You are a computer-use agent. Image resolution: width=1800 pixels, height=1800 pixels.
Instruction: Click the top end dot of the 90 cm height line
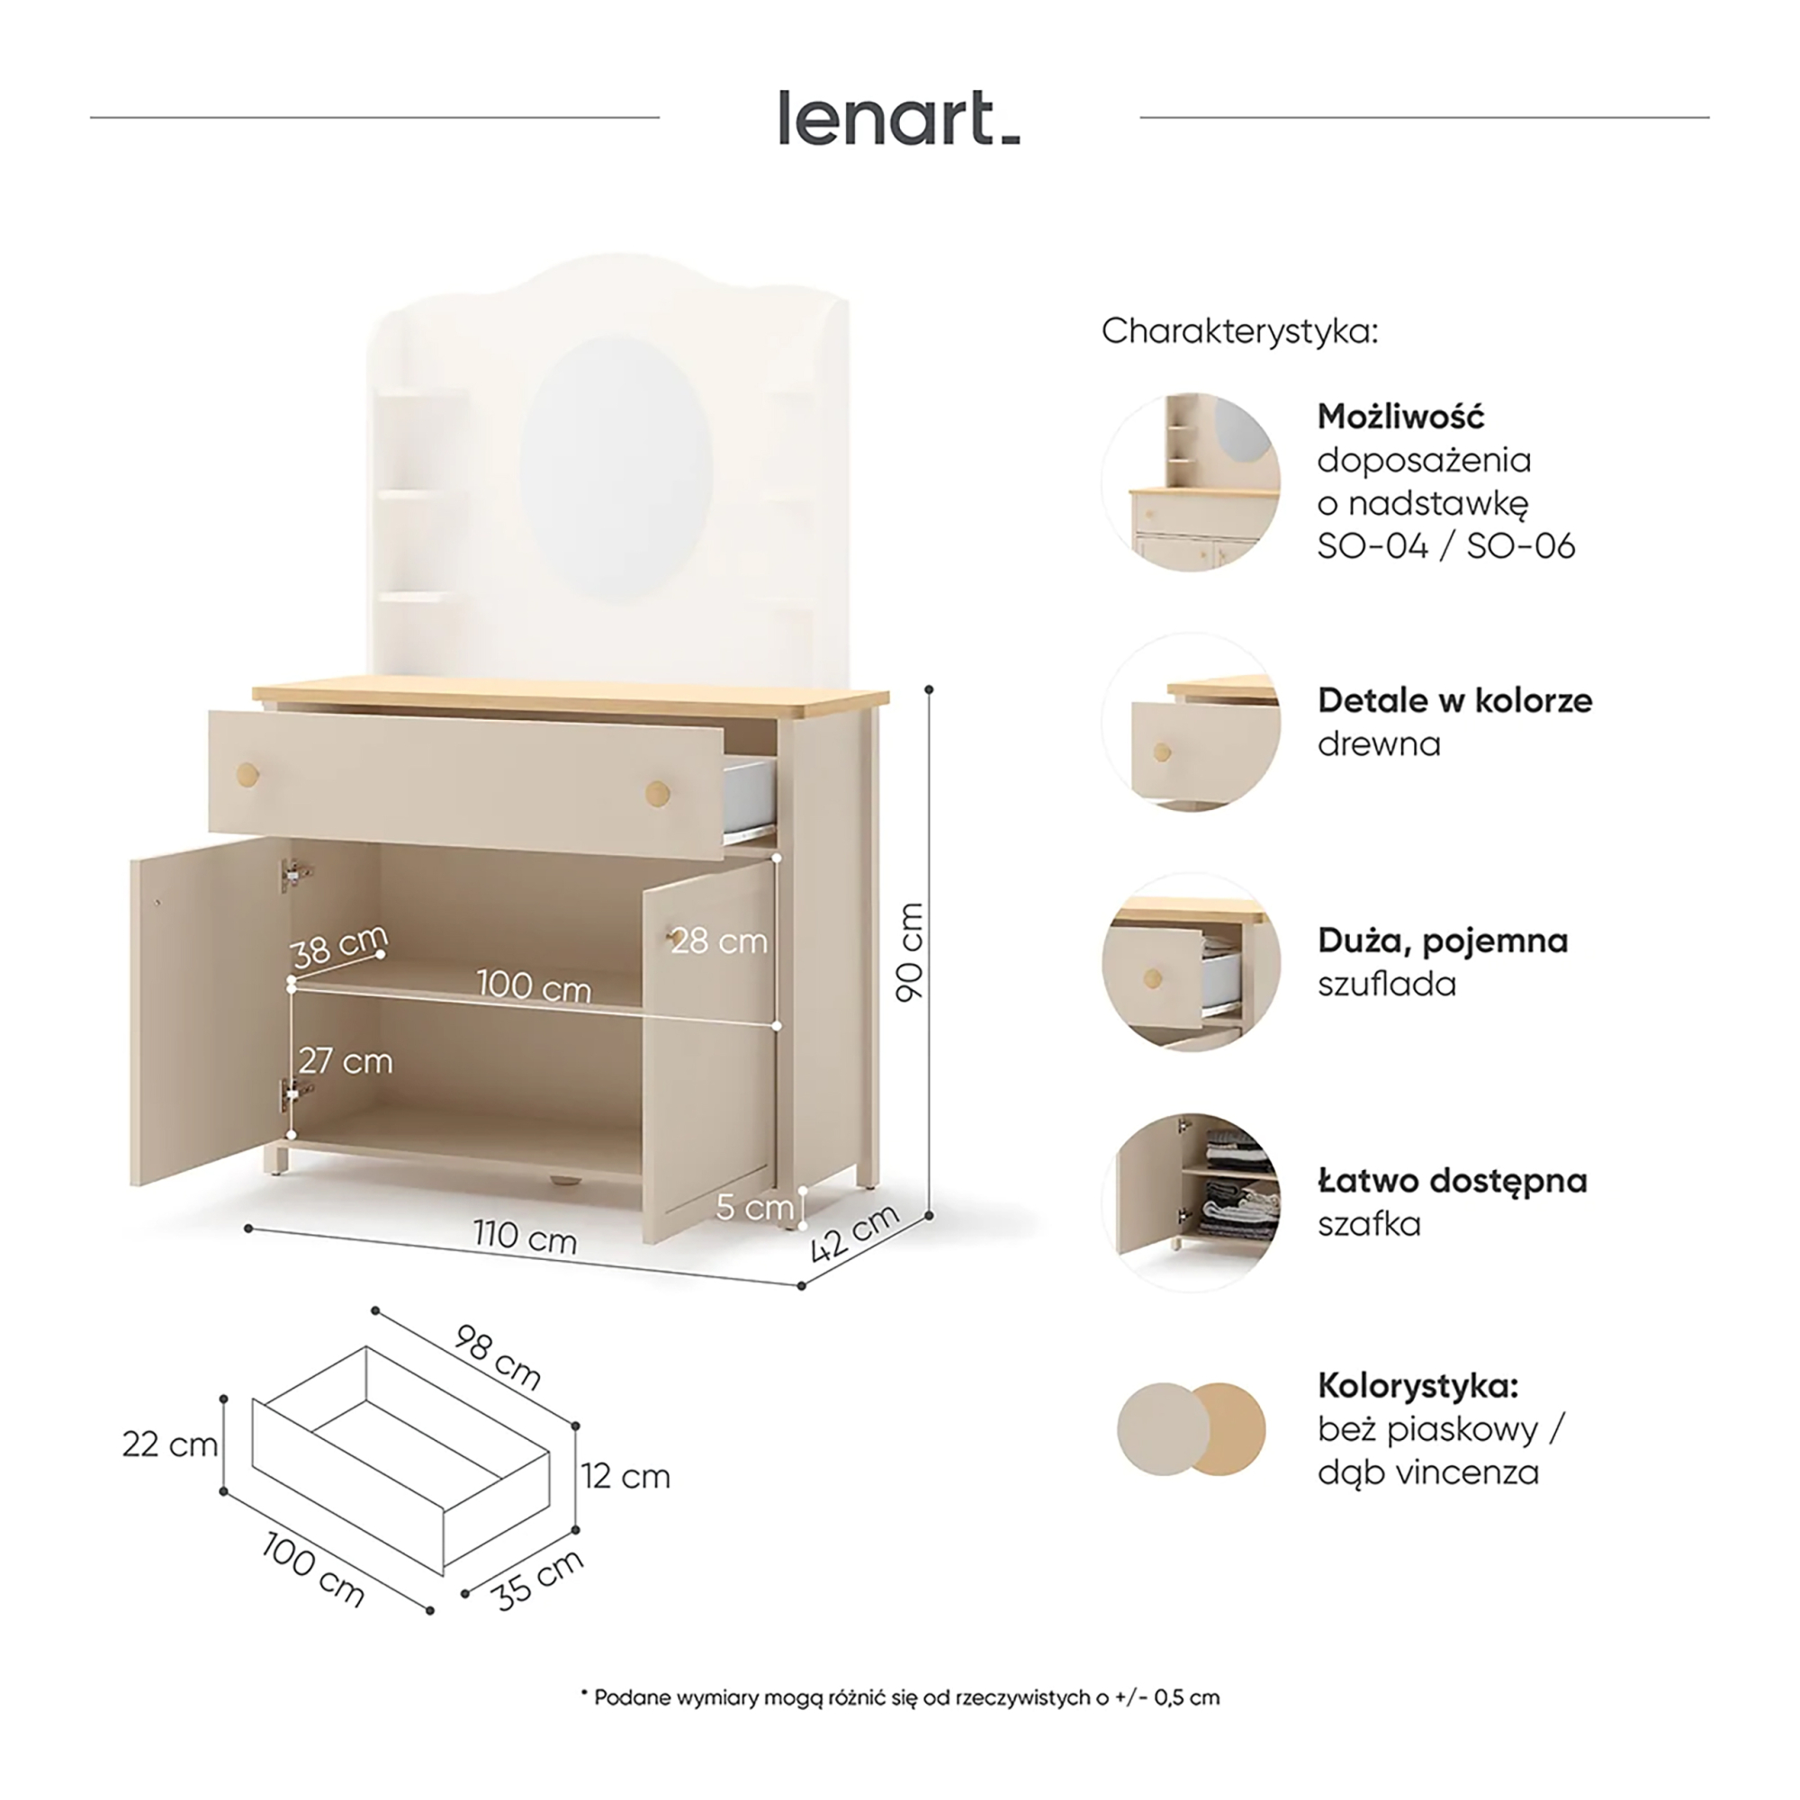tap(928, 689)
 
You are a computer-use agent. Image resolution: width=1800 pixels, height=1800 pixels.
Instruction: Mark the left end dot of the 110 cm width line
tap(247, 1228)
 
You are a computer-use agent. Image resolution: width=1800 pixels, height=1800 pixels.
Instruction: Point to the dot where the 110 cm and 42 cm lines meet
tap(801, 1286)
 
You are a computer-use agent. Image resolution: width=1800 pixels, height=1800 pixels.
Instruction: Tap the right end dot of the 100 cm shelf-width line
tap(777, 1026)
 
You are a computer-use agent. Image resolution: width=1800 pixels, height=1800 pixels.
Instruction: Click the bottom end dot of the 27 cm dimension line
tap(292, 1135)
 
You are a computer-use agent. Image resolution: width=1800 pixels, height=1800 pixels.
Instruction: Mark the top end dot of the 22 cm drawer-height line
tap(223, 1399)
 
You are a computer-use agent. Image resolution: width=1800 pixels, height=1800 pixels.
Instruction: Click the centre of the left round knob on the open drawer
tap(247, 774)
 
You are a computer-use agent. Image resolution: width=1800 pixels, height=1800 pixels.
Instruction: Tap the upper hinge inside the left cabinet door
tap(295, 874)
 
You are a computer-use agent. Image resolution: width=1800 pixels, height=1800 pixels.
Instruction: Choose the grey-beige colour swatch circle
tap(1164, 1429)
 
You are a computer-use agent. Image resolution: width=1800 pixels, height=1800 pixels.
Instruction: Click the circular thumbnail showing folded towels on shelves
tap(1192, 1202)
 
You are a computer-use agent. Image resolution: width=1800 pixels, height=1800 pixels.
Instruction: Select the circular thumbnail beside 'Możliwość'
tap(1192, 481)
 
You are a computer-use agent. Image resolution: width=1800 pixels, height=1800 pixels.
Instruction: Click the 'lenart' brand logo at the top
tap(899, 118)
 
